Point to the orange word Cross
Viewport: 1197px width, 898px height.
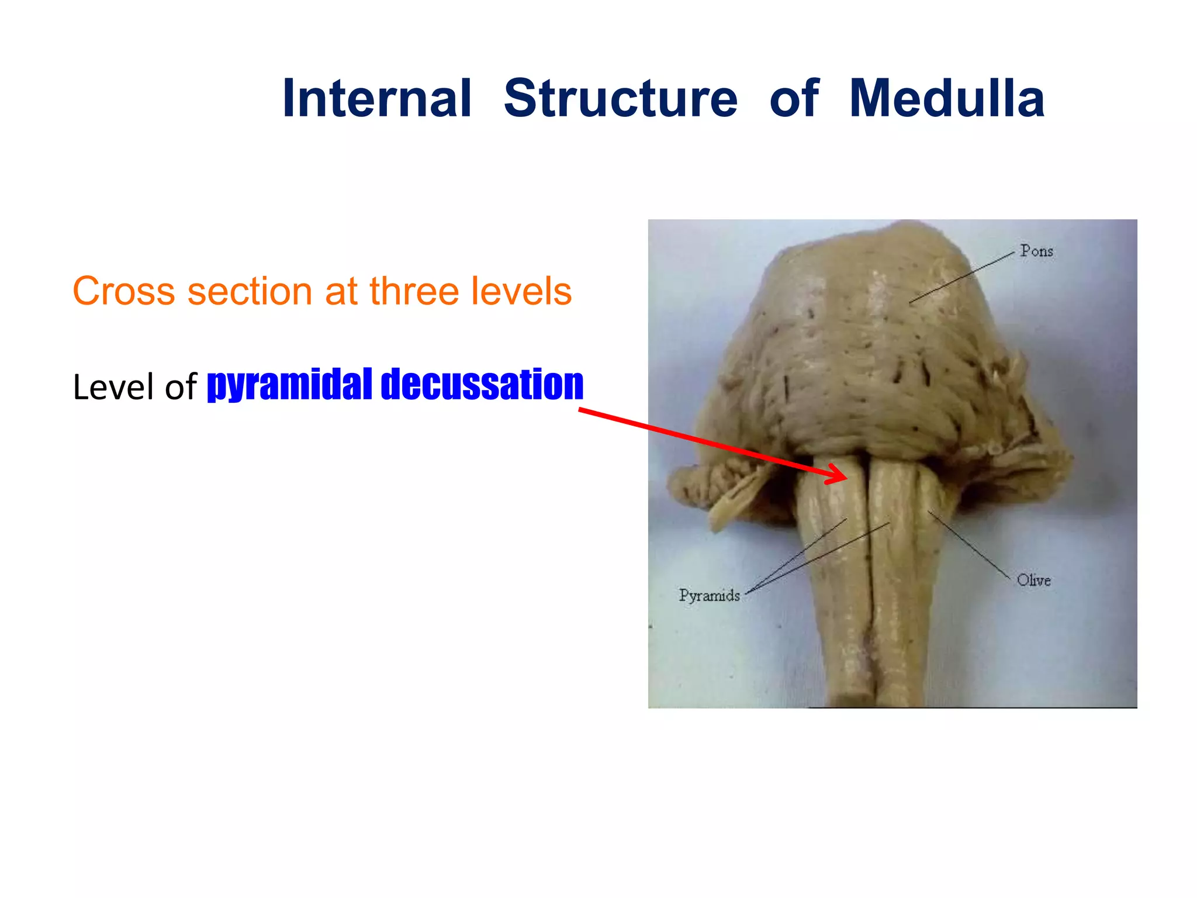coord(123,291)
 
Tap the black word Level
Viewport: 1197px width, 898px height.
coord(114,387)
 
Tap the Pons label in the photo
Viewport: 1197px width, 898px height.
coord(1036,251)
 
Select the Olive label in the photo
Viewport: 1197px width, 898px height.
coord(1033,581)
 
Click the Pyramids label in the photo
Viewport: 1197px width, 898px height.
coord(709,596)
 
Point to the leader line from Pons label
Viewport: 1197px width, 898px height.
coord(962,278)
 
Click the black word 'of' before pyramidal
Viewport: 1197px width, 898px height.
coord(181,387)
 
